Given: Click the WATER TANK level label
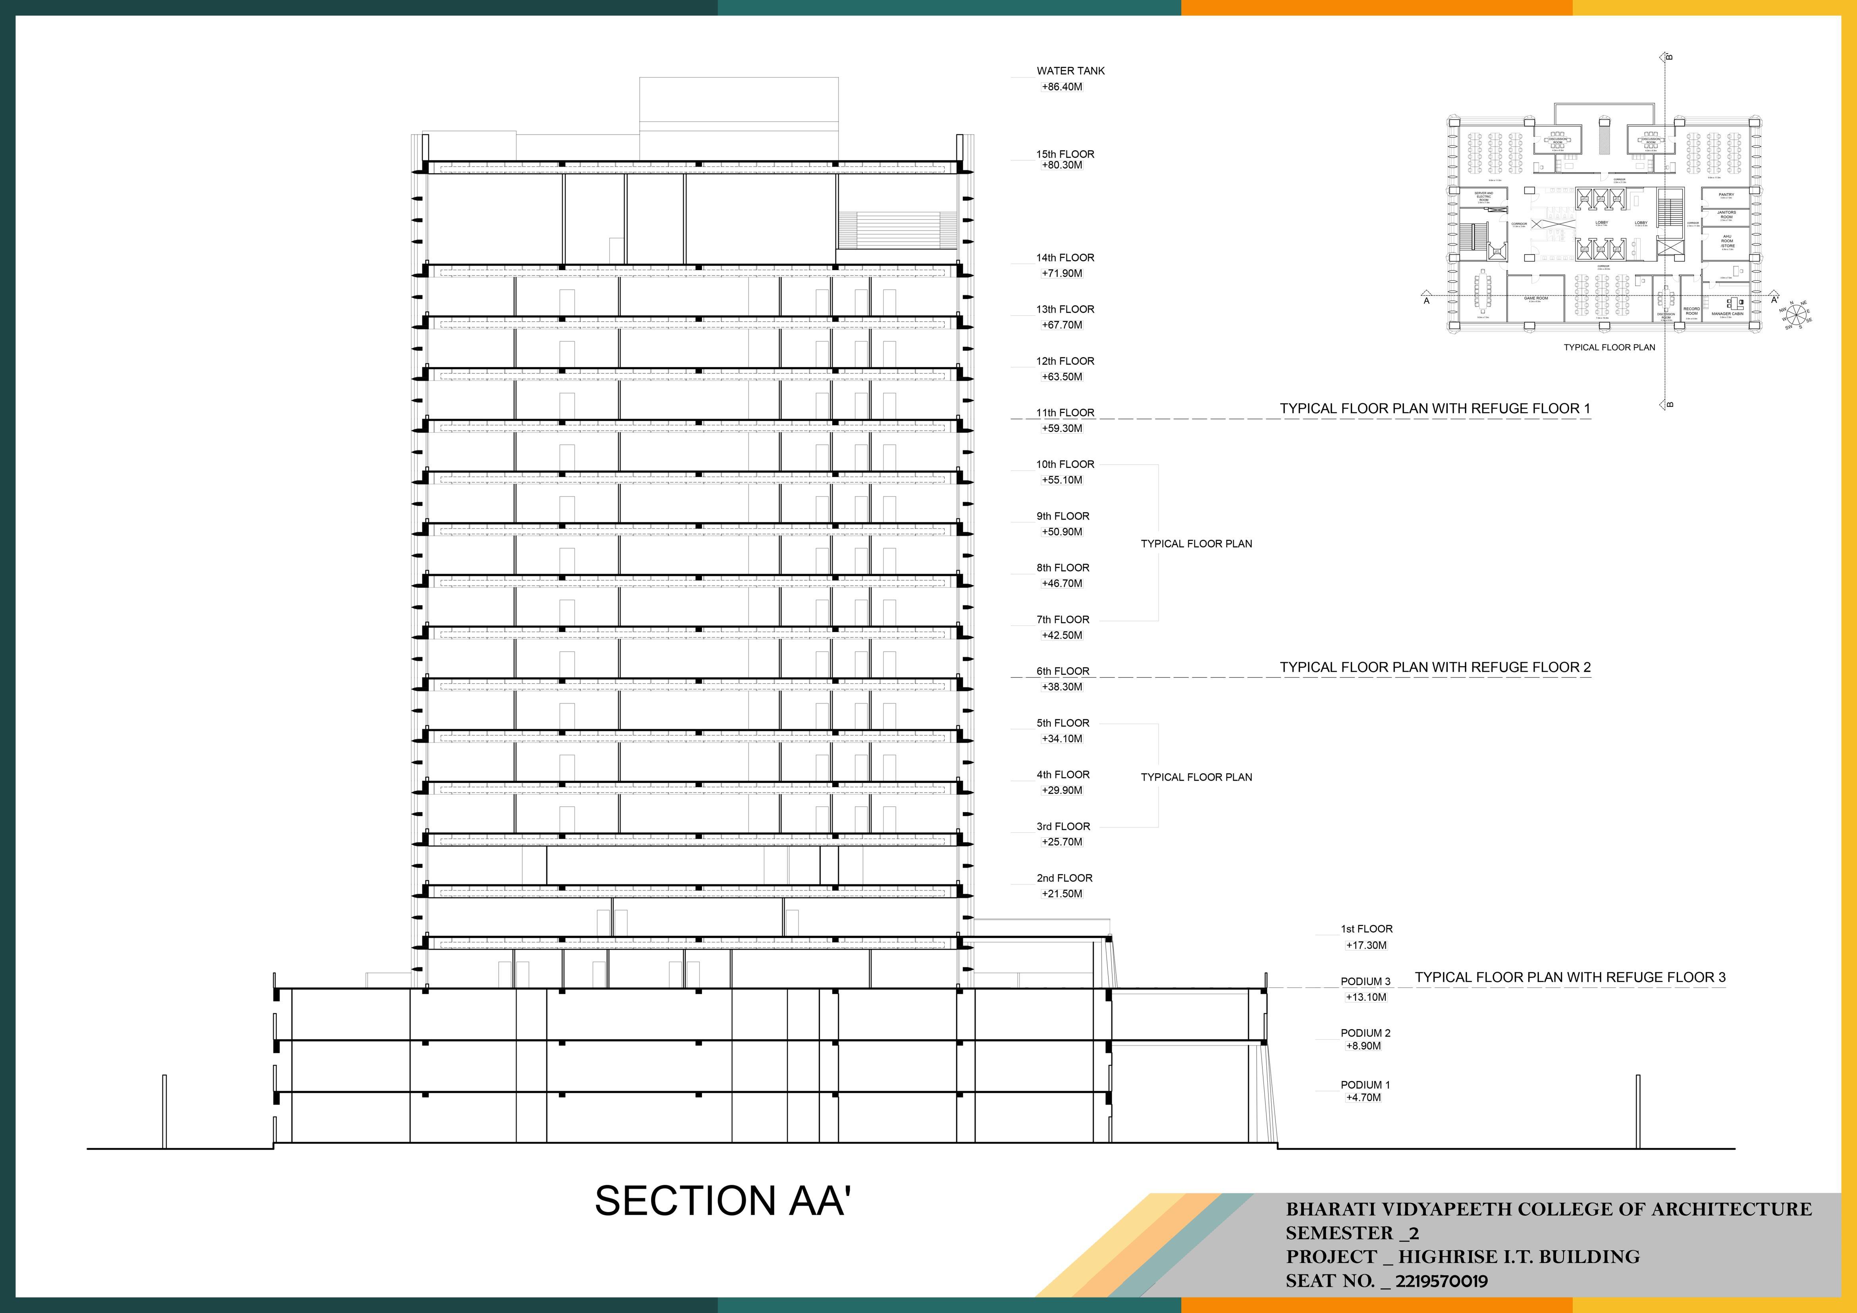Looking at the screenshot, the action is click(1070, 71).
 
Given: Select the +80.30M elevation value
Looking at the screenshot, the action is click(1062, 165).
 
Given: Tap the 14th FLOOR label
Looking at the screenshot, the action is click(1065, 258).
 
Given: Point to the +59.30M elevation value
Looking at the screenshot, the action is click(1062, 429).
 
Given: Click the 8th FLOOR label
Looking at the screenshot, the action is click(1063, 568).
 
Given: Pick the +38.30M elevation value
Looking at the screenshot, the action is click(1062, 687).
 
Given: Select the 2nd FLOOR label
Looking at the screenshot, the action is click(1064, 878).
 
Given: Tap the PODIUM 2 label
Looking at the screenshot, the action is click(1365, 1033).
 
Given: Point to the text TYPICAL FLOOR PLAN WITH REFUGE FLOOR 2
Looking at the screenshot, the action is click(1435, 667).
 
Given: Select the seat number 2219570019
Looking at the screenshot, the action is click(1441, 1282).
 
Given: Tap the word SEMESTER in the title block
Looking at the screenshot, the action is click(1339, 1234).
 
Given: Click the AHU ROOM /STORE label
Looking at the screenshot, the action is click(1727, 241).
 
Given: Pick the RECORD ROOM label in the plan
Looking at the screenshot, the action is click(1691, 311).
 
